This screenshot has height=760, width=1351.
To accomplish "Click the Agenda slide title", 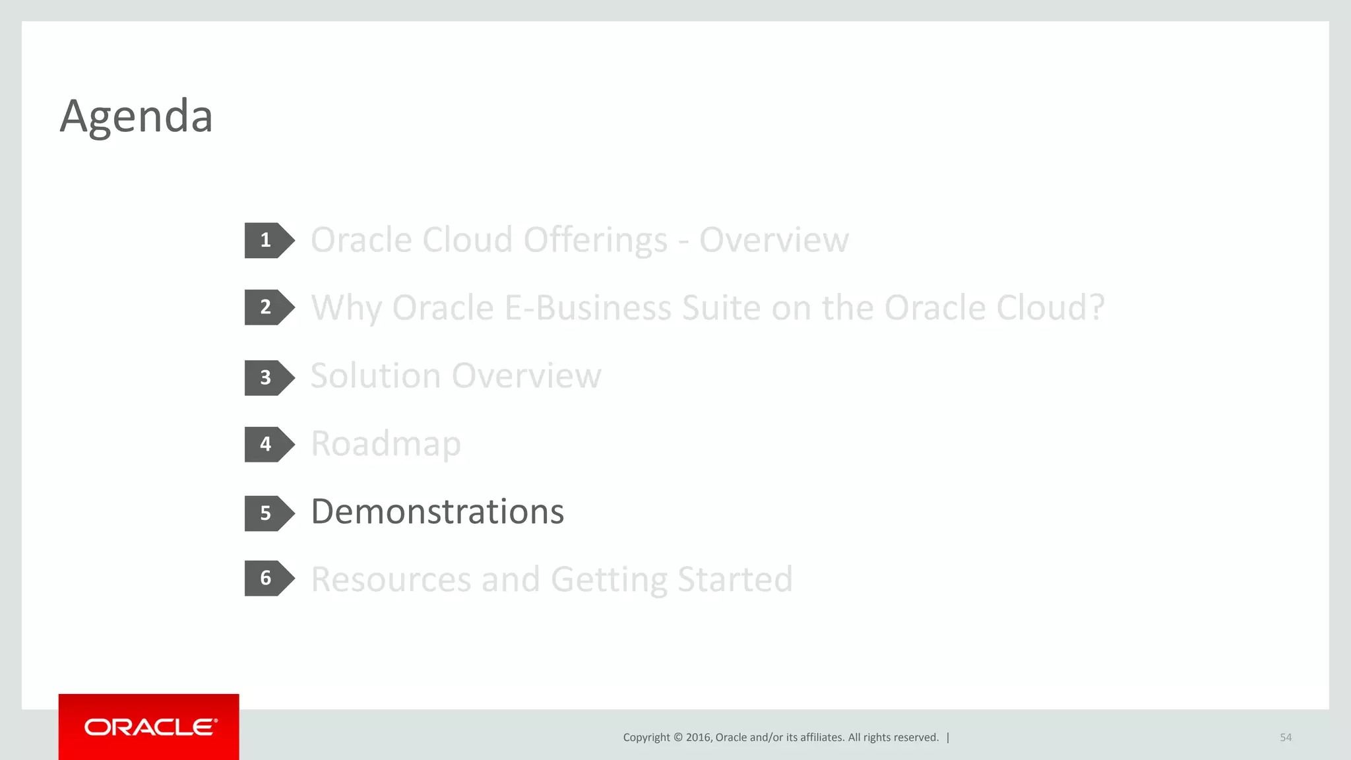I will point(136,117).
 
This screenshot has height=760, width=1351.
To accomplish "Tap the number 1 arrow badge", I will point(267,240).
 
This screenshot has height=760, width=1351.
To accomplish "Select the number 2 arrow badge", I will point(267,307).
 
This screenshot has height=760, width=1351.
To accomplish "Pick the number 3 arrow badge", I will point(267,378).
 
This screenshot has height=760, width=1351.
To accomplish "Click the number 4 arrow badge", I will point(267,444).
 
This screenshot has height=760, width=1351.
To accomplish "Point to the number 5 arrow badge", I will point(267,513).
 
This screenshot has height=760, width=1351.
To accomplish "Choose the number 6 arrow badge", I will point(267,579).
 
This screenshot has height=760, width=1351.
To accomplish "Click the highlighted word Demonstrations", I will point(437,512).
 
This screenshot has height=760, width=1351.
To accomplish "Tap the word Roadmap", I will point(386,444).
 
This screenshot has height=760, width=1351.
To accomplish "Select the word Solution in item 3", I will point(375,376).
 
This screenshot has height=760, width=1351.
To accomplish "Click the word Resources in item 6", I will point(391,579).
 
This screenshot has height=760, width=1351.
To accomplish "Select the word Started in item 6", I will point(734,579).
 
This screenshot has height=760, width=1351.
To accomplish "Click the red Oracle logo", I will point(149,727).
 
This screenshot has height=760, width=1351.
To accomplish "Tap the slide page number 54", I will point(1285,738).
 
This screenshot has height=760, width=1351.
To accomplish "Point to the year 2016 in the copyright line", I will point(699,738).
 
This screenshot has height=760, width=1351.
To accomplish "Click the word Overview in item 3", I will point(526,376).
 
